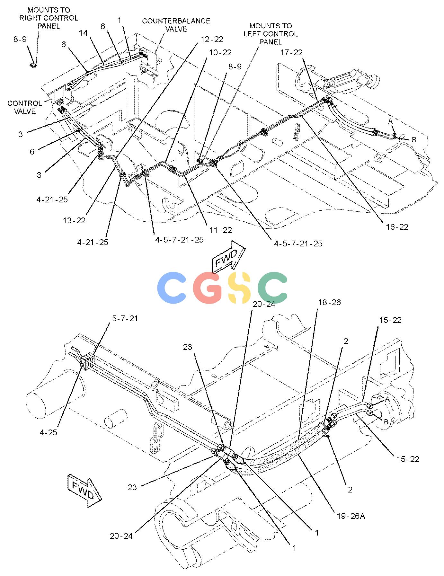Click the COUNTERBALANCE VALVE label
tap(176, 25)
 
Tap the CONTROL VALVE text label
tap(25, 107)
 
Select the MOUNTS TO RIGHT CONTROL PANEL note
tap(49, 18)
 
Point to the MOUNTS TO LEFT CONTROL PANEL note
tap(271, 34)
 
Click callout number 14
tap(83, 32)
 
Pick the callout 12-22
tap(212, 39)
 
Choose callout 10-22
tap(220, 52)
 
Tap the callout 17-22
tap(291, 52)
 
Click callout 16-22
tap(397, 227)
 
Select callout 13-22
tap(74, 220)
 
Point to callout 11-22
tap(220, 230)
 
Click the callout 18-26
tap(329, 302)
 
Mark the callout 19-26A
tap(351, 516)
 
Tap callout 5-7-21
tap(125, 318)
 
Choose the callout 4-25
tap(48, 432)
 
